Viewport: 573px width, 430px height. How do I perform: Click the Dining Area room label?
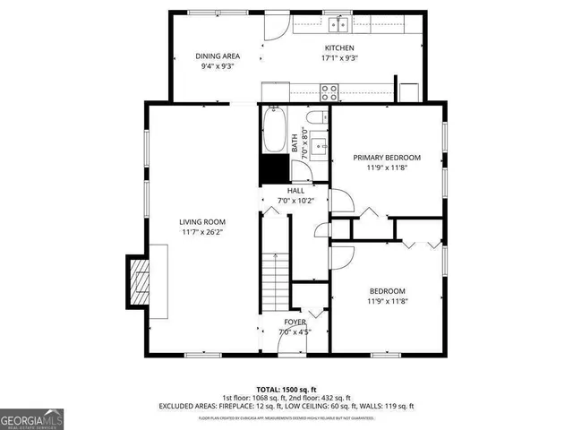pyautogui.click(x=218, y=56)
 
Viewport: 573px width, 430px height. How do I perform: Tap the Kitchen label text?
pyautogui.click(x=340, y=47)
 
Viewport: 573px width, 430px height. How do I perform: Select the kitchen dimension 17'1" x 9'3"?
pyautogui.click(x=340, y=57)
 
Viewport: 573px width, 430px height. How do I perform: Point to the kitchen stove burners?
pyautogui.click(x=329, y=90)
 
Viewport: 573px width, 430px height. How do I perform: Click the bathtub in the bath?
pyautogui.click(x=274, y=130)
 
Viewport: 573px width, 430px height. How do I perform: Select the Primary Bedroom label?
pyautogui.click(x=386, y=158)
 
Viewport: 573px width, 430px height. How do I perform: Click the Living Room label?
pyautogui.click(x=202, y=222)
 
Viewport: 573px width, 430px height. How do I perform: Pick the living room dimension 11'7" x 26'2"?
pyautogui.click(x=202, y=233)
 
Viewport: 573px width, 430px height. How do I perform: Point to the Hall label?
pyautogui.click(x=295, y=191)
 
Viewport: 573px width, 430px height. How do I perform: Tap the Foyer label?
pyautogui.click(x=295, y=322)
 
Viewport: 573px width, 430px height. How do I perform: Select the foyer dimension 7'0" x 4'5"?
pyautogui.click(x=295, y=331)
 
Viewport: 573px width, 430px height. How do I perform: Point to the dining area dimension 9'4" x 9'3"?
pyautogui.click(x=218, y=65)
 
